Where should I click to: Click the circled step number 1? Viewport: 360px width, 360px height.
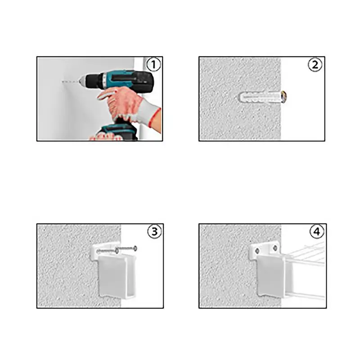click(x=153, y=64)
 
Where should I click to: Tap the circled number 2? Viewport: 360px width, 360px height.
click(x=315, y=65)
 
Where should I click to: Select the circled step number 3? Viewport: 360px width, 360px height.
click(x=154, y=231)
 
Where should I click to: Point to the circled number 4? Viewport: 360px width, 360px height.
click(x=317, y=231)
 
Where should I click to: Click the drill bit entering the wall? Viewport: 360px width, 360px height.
click(x=70, y=81)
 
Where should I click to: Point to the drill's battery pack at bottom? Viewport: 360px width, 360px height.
click(x=117, y=132)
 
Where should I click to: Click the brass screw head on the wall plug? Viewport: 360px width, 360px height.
click(x=284, y=96)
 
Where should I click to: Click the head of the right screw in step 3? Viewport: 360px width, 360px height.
click(x=135, y=248)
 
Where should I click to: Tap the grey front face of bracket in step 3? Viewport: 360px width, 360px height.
click(x=113, y=275)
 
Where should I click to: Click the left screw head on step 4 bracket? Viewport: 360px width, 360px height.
click(x=257, y=251)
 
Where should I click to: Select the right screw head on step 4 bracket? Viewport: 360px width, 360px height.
click(x=275, y=248)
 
